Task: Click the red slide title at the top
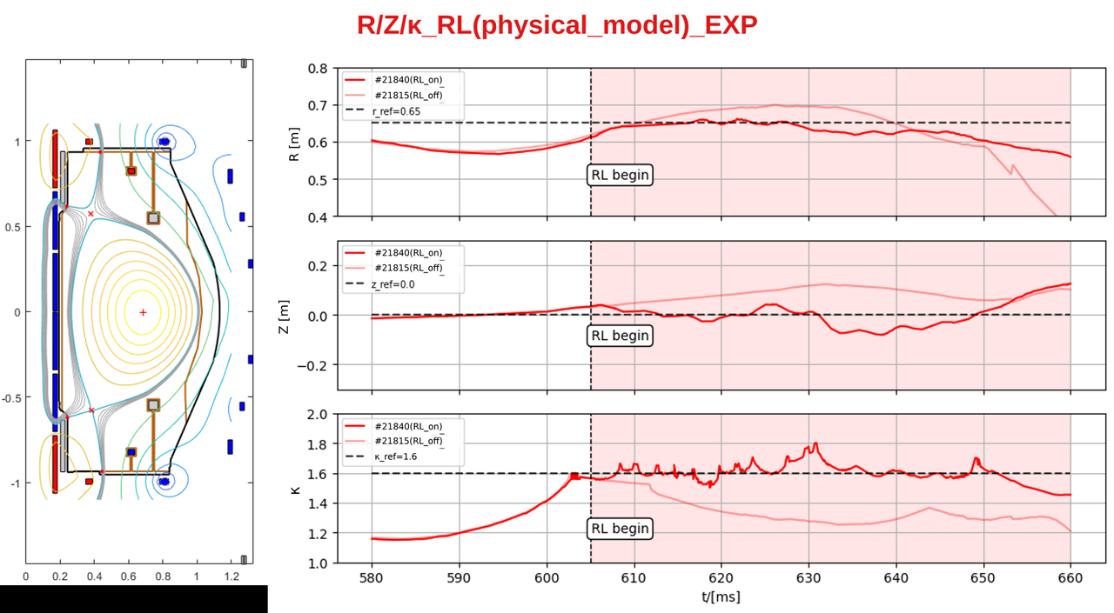pos(557,25)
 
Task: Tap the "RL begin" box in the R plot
pos(620,175)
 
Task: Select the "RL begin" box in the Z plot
pos(620,336)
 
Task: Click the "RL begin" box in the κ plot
pos(620,528)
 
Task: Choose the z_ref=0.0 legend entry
pos(380,283)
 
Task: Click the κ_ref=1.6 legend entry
pos(381,456)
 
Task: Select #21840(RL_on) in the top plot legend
pos(394,79)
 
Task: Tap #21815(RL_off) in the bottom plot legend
pos(394,441)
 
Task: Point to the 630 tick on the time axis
pos(809,577)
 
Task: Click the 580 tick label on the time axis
pos(372,577)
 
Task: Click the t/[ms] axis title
pos(721,596)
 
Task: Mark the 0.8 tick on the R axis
pos(318,68)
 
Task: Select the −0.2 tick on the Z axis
pos(312,365)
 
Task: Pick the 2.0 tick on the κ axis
pos(318,414)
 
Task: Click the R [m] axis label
pos(294,144)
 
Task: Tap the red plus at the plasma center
pos(144,312)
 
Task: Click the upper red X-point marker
pos(91,214)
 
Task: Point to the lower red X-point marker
pos(91,410)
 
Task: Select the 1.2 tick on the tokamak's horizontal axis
pos(232,576)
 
